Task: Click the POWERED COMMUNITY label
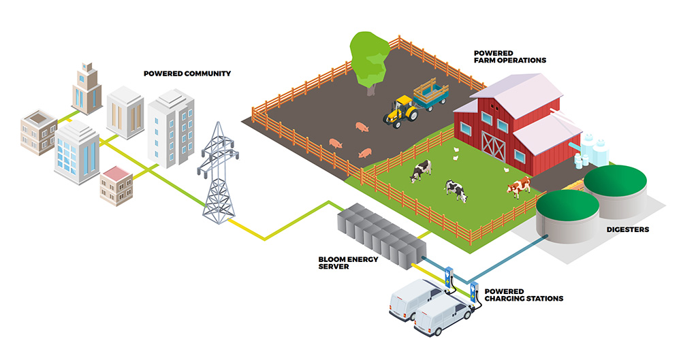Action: pos(187,73)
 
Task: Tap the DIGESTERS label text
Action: pos(627,229)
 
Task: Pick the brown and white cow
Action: pos(520,185)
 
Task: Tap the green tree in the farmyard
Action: pos(370,58)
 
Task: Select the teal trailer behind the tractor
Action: pos(431,93)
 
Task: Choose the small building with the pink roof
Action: pos(116,184)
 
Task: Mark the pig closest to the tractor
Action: pos(362,127)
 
